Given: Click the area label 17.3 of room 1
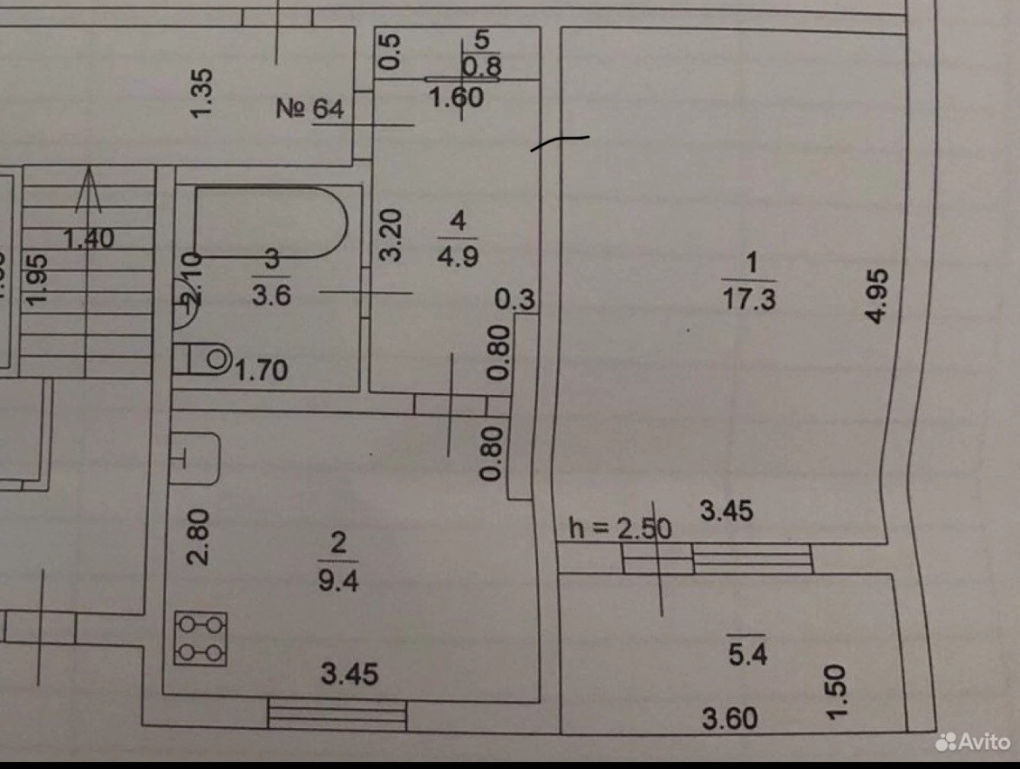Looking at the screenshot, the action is click(749, 300).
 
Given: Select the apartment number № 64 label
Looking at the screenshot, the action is click(310, 109).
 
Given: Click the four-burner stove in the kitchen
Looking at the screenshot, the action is click(201, 638).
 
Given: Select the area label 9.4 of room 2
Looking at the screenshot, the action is click(338, 580).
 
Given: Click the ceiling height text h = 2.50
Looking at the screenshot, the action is click(620, 527).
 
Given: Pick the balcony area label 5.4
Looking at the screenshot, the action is click(748, 655).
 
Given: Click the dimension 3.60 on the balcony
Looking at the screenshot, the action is click(731, 719).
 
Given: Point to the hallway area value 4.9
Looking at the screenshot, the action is click(458, 258).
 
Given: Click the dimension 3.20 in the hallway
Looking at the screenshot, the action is click(392, 234).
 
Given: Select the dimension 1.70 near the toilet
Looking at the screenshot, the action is click(262, 371).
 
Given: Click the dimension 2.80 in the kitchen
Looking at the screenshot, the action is click(200, 538).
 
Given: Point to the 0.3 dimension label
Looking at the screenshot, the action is click(514, 300).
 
